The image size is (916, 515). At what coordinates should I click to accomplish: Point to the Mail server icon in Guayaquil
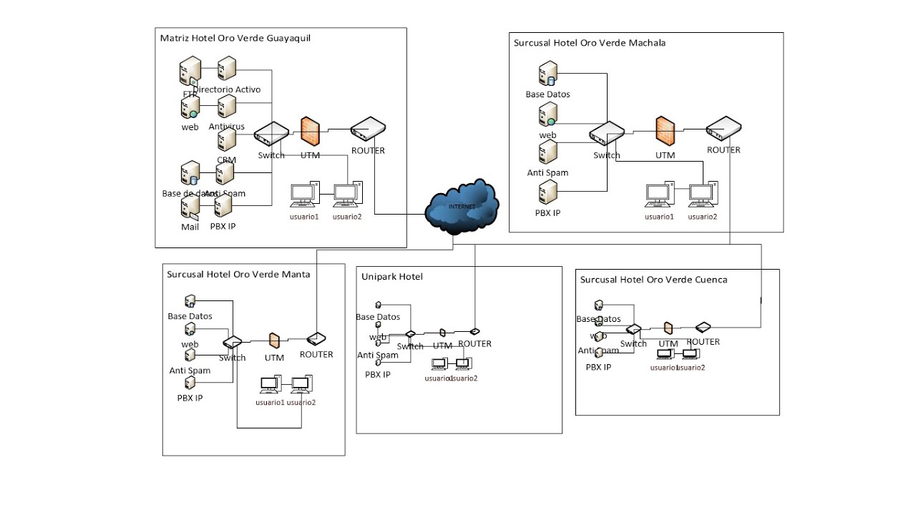tap(190, 207)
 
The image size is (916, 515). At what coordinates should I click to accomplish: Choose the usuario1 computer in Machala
tap(659, 195)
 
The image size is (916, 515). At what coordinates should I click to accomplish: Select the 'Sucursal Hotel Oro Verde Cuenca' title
tap(653, 280)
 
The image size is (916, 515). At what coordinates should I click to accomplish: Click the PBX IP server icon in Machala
tap(548, 192)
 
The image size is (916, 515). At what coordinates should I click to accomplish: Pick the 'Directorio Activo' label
tap(227, 89)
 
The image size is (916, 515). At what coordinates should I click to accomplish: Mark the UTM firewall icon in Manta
tap(274, 340)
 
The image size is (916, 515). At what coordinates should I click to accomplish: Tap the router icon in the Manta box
tap(316, 339)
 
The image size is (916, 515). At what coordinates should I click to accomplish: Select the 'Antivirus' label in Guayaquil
tap(227, 127)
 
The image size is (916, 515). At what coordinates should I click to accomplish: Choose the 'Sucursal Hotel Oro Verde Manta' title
tap(238, 274)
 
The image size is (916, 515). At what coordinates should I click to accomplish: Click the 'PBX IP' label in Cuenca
tap(598, 367)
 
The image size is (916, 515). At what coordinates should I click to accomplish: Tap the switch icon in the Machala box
tap(606, 134)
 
